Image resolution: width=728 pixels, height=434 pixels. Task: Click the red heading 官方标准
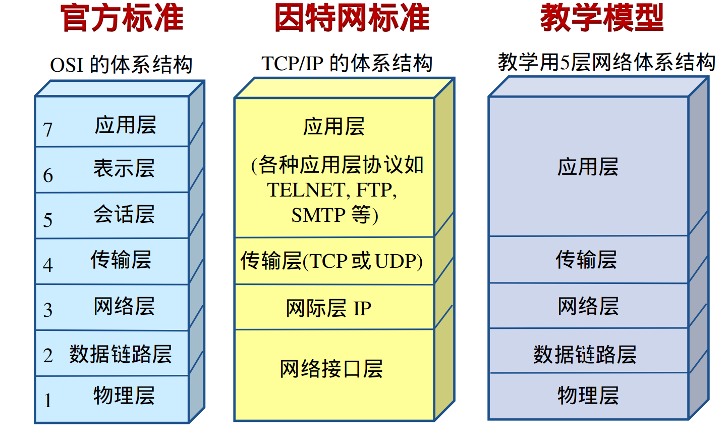(122, 18)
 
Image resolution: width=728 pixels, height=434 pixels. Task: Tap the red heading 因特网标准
(352, 18)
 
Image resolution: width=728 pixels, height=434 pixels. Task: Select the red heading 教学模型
(601, 18)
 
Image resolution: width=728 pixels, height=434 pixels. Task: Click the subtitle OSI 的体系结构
(121, 65)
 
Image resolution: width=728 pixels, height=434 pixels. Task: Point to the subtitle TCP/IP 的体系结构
(347, 63)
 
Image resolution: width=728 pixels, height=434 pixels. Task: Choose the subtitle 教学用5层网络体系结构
(606, 62)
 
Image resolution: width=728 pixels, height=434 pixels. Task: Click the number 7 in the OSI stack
(48, 130)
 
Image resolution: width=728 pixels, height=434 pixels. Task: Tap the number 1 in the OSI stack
(48, 401)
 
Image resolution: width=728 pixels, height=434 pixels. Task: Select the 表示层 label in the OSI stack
(124, 168)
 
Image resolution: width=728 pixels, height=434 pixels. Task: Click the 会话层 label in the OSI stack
(124, 214)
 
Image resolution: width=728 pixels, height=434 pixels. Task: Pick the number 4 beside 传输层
(48, 265)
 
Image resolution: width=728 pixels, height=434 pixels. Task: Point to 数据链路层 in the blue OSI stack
(121, 354)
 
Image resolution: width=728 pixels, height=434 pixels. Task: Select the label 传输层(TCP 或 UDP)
(331, 261)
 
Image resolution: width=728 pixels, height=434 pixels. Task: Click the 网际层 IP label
(328, 308)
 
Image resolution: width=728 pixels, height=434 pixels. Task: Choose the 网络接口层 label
(331, 369)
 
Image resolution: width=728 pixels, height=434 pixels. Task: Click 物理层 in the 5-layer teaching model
(588, 395)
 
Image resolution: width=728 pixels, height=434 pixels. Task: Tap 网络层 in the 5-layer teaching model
(588, 306)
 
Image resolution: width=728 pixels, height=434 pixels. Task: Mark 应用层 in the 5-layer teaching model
(588, 167)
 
